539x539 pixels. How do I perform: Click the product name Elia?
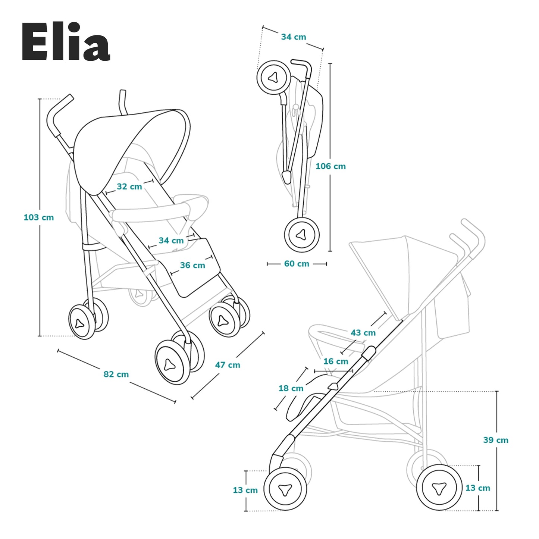66,42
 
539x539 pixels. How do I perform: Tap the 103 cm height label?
38,217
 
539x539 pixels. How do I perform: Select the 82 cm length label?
116,374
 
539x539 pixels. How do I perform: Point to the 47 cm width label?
228,365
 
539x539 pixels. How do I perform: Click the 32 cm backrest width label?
129,187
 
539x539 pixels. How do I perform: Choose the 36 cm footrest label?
192,265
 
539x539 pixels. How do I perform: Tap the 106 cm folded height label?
330,166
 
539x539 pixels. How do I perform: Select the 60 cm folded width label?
297,264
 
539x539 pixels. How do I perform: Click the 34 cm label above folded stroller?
294,37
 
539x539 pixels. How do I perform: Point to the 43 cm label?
363,333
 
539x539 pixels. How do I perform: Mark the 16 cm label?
336,361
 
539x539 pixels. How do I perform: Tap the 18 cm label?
291,388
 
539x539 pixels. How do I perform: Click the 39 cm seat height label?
496,440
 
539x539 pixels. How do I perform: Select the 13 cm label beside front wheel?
245,490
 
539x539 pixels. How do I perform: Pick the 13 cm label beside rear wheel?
477,488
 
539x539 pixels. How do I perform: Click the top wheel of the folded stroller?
274,78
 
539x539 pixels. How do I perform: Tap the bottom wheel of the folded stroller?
302,235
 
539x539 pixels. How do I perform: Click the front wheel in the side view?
285,489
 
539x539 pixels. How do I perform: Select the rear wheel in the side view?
439,487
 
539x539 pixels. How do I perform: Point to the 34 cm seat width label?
171,241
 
